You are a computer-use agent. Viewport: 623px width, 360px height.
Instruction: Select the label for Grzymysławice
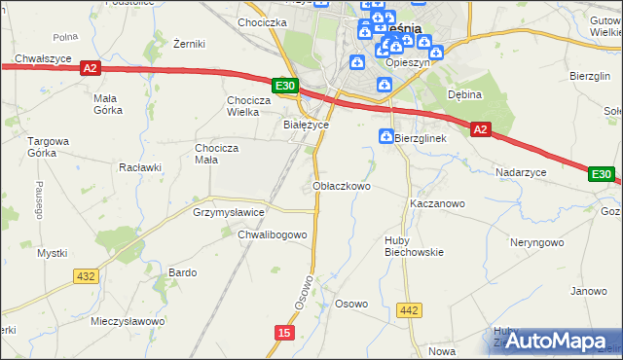coord(229,211)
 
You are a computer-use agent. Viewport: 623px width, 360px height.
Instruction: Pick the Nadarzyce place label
coord(521,171)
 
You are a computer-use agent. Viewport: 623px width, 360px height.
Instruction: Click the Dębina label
coord(465,94)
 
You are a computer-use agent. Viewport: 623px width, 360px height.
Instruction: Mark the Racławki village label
coord(139,166)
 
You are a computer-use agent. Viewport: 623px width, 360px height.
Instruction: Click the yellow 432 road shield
coord(86,276)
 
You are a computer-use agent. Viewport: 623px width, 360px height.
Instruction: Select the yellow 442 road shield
coord(409,310)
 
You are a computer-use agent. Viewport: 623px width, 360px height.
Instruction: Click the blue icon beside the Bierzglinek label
coord(386,137)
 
